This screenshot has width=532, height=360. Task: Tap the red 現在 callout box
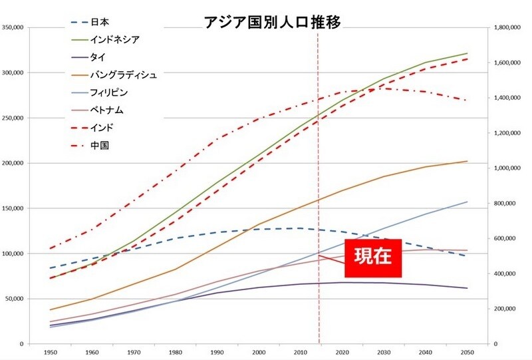[373, 258]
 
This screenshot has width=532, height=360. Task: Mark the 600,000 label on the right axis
[507, 238]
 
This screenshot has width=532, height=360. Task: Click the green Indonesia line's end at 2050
[467, 53]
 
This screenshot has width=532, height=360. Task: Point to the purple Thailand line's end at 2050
[467, 288]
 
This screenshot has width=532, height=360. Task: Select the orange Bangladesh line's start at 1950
[50, 309]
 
